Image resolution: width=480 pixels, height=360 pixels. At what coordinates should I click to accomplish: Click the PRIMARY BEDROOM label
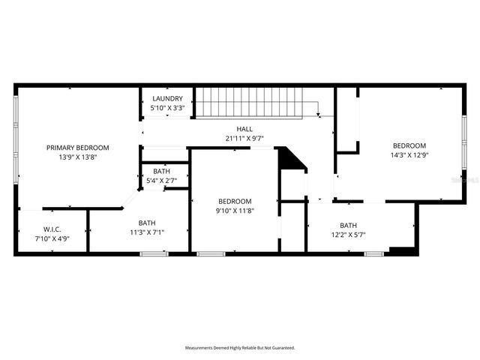pos(78,148)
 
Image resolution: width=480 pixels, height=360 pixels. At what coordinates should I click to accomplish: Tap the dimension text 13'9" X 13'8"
pos(78,157)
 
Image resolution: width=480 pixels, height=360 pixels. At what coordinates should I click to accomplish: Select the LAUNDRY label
pos(167,99)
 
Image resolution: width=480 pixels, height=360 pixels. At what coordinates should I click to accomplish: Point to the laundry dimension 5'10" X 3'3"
pos(167,108)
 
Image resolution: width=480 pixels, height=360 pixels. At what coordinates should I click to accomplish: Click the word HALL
pos(244,129)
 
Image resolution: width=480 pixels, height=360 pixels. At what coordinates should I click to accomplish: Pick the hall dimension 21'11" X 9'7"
pos(244,138)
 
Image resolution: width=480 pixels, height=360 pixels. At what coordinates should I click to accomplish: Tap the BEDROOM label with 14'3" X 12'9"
pos(409,145)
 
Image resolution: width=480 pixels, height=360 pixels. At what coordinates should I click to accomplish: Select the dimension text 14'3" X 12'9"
pos(409,155)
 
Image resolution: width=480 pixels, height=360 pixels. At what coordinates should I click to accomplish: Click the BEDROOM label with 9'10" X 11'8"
pos(235,201)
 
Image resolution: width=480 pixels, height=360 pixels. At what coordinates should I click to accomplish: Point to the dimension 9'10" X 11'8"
pos(235,211)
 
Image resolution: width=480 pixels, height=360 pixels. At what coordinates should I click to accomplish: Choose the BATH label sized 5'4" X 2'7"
pos(161,172)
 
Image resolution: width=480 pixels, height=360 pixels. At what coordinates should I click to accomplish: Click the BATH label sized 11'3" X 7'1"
pos(147,223)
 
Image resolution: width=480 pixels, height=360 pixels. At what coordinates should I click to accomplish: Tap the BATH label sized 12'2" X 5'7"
pos(348,225)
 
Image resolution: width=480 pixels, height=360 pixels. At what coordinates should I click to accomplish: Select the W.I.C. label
pos(52,229)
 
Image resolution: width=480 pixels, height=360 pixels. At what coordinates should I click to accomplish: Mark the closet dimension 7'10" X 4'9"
pos(52,238)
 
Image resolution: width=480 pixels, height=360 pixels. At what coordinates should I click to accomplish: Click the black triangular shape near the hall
pos(288,158)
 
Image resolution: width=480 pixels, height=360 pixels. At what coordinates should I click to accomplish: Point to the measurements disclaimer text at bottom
pos(240,348)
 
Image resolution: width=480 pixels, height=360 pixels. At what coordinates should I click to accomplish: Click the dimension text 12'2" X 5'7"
pos(348,235)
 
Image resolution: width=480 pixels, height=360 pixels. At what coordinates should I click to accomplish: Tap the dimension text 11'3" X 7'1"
pos(147,232)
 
